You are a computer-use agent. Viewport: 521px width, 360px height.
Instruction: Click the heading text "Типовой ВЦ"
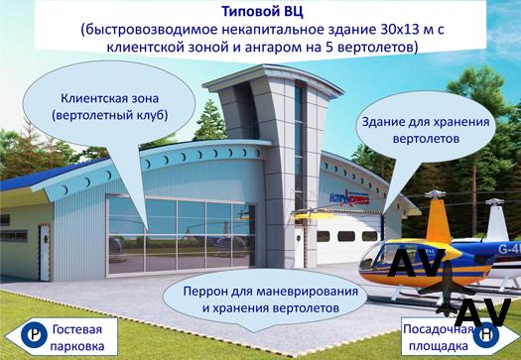point(262,11)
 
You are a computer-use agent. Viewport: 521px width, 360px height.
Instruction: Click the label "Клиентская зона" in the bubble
point(109,98)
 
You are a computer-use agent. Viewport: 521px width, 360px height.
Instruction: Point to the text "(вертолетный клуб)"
point(109,115)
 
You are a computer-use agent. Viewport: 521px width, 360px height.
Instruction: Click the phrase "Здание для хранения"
point(426,122)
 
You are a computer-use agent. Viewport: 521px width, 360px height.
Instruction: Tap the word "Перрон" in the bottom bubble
point(202,292)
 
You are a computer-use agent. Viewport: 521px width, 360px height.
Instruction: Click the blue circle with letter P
point(34,335)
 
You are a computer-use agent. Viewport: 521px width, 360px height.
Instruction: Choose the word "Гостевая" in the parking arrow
point(77,329)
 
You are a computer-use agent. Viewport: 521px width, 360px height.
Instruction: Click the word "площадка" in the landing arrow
point(439,346)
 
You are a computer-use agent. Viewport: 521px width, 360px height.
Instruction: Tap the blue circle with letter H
point(486,335)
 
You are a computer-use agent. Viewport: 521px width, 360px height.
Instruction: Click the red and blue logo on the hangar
point(348,197)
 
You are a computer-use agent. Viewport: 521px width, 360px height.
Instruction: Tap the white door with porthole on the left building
point(45,253)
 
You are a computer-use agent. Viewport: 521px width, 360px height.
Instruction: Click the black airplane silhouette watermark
point(447,289)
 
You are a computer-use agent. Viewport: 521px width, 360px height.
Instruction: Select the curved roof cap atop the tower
point(273,78)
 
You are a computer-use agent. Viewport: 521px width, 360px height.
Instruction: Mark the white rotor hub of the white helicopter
point(494,201)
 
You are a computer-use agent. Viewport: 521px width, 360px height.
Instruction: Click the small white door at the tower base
point(299,246)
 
